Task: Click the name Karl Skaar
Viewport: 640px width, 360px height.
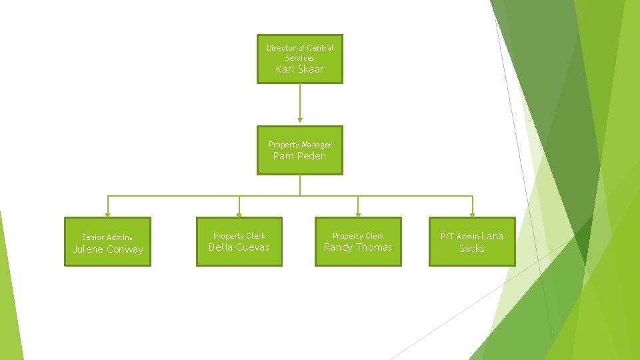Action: (300, 69)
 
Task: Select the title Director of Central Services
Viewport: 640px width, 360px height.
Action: (300, 53)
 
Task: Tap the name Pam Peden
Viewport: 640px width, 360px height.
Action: (300, 156)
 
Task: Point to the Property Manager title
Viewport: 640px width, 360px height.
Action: (300, 145)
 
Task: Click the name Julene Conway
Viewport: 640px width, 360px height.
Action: (107, 249)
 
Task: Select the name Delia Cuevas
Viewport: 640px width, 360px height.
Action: (239, 247)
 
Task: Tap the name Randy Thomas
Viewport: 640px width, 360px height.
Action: (358, 247)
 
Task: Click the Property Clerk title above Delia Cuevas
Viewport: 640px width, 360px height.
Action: (239, 236)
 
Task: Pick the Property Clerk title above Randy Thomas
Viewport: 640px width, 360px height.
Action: (358, 236)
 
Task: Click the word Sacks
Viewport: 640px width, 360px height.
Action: (472, 249)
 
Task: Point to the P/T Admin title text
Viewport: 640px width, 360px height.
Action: (459, 237)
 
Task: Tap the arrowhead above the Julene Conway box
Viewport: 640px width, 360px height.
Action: (107, 214)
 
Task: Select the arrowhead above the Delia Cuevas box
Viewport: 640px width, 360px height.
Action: (239, 214)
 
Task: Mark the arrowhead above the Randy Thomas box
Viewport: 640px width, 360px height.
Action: (358, 214)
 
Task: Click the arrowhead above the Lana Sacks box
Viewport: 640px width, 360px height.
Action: (472, 214)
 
